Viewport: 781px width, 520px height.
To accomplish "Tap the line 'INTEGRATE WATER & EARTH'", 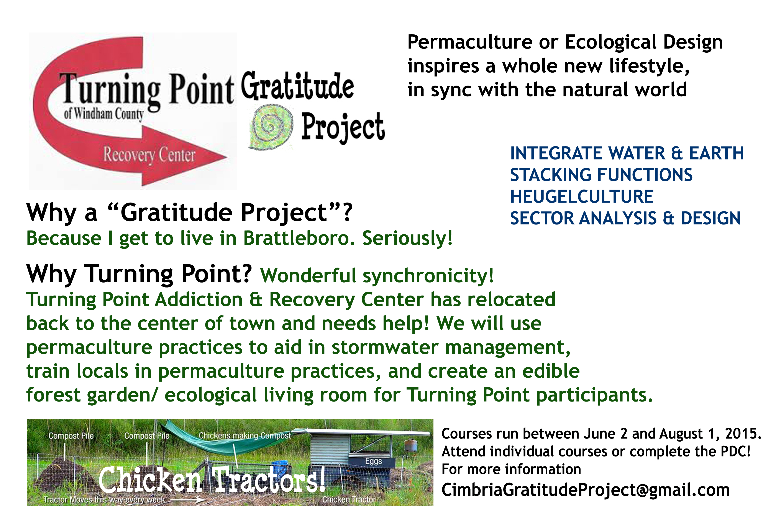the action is point(627,153).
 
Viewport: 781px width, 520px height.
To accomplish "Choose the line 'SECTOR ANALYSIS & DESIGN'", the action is point(625,218).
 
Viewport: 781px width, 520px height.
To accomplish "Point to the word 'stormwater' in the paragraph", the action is point(385,347).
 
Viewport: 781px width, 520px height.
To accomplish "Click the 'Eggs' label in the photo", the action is point(374,461).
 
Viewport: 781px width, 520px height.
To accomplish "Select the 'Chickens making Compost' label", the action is point(245,435).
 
